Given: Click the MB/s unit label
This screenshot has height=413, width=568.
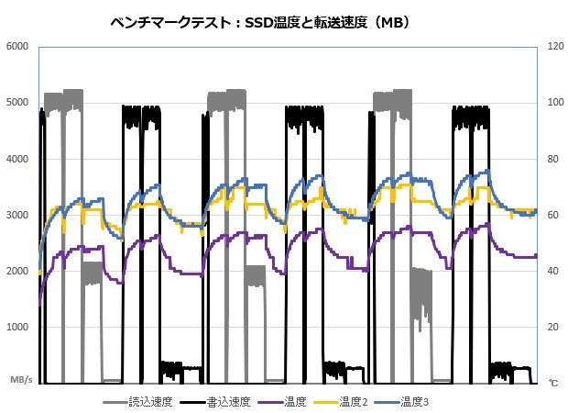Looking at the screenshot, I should (21, 379).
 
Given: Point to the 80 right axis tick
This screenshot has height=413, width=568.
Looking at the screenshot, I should (553, 159).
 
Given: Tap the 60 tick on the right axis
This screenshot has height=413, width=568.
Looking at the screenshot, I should (553, 215).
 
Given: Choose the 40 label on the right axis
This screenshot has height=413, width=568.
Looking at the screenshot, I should (553, 272).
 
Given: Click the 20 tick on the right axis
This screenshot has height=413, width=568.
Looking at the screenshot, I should (553, 328).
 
